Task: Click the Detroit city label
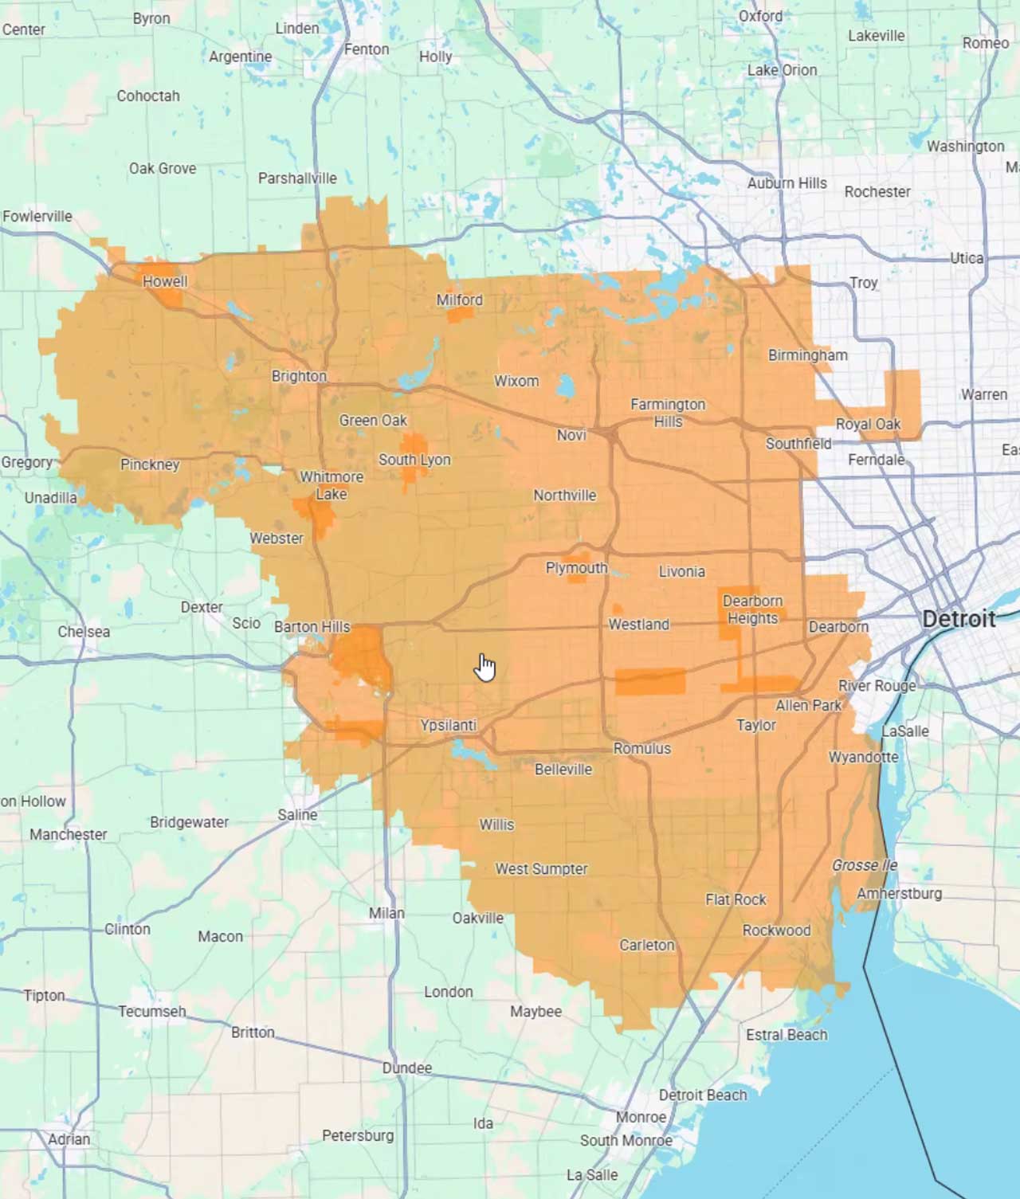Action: tap(959, 619)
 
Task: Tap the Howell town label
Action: tap(165, 281)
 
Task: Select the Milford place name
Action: tap(459, 300)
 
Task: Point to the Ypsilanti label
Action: tap(449, 725)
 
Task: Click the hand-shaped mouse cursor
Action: tap(484, 668)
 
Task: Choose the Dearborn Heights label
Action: tap(752, 609)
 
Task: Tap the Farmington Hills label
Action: tap(668, 413)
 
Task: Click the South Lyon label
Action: tap(414, 460)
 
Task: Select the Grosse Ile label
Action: tap(865, 865)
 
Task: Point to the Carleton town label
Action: tap(647, 945)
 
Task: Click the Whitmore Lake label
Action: tap(331, 485)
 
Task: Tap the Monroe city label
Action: tap(641, 1117)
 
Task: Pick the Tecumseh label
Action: tap(152, 1011)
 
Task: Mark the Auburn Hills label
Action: tap(787, 183)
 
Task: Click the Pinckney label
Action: tap(150, 464)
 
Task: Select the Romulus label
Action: tap(642, 748)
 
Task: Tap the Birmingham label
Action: tap(807, 355)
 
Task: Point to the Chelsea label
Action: tap(84, 632)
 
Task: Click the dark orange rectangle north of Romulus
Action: tap(650, 681)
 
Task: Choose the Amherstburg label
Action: tap(899, 893)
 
